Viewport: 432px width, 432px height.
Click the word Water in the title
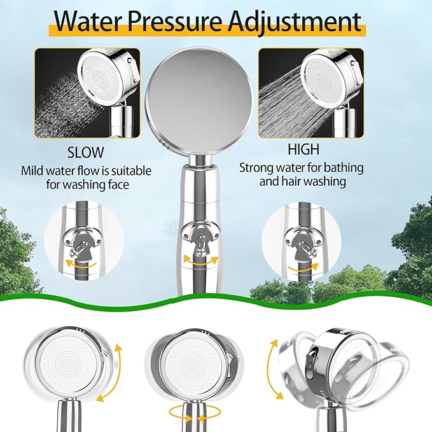click(88, 22)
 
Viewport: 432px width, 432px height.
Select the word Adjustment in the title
click(295, 23)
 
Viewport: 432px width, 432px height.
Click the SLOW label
click(86, 152)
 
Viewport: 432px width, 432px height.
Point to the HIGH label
click(303, 150)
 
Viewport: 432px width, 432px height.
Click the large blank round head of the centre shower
click(199, 99)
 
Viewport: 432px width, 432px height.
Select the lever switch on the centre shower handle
click(200, 246)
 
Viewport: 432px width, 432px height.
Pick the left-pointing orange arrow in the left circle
click(81, 265)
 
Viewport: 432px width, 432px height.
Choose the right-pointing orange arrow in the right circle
click(303, 268)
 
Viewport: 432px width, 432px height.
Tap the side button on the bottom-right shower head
click(313, 358)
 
